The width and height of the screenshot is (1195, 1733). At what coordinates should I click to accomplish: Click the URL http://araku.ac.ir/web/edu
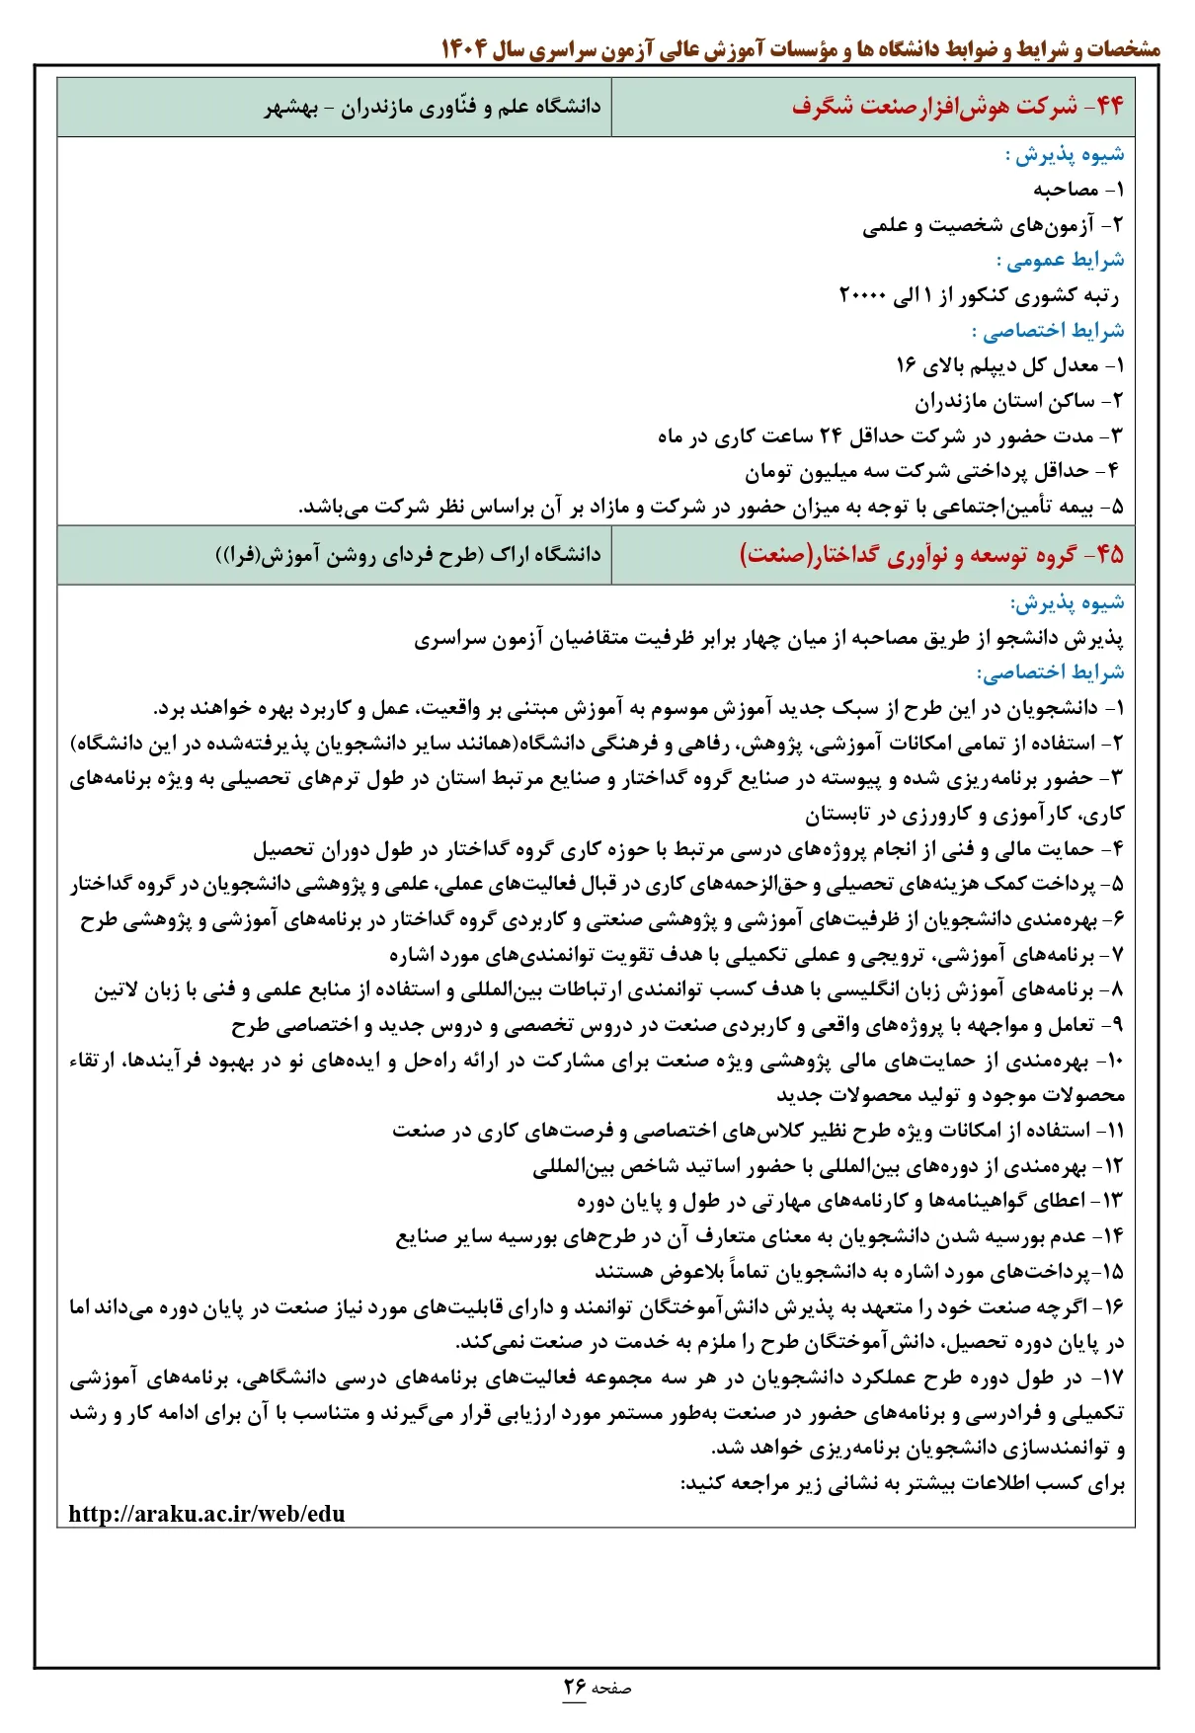tap(206, 1514)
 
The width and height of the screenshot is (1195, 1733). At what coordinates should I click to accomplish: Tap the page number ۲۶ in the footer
tap(575, 1687)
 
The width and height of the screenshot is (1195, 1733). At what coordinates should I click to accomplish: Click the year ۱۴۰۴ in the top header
tap(462, 48)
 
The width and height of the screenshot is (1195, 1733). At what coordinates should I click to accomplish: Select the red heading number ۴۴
tap(1108, 106)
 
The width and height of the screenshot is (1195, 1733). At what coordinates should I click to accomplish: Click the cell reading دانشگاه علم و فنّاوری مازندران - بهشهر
tap(433, 107)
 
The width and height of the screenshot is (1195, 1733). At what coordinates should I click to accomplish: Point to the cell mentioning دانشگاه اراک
tap(408, 554)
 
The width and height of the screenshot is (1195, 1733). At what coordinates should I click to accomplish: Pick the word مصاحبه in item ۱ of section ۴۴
tap(1066, 189)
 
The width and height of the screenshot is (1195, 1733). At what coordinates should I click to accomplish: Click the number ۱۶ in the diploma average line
tap(906, 365)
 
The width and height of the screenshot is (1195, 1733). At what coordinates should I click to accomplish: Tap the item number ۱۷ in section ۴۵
tap(1112, 1377)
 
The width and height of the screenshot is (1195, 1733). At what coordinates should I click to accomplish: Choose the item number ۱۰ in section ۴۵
tap(1113, 1061)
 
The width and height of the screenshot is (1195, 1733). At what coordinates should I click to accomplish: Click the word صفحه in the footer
tap(611, 1689)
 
